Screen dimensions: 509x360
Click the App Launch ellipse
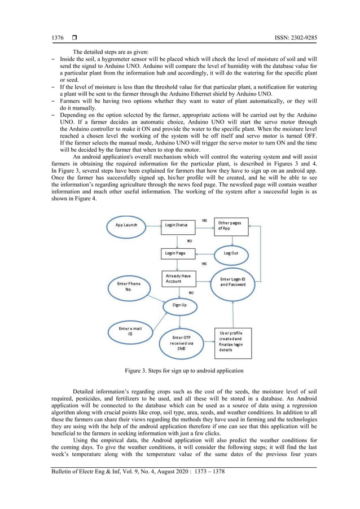coord(127,225)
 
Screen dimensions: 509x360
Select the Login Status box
coord(177,225)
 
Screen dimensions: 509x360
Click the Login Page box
coord(177,253)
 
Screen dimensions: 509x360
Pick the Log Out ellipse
coord(231,253)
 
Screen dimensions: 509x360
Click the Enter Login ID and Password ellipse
coord(232,282)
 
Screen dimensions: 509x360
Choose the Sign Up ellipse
coord(179,305)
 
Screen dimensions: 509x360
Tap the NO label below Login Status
coord(189,240)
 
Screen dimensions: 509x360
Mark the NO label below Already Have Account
coord(191,293)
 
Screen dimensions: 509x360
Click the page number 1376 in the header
coord(58,38)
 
